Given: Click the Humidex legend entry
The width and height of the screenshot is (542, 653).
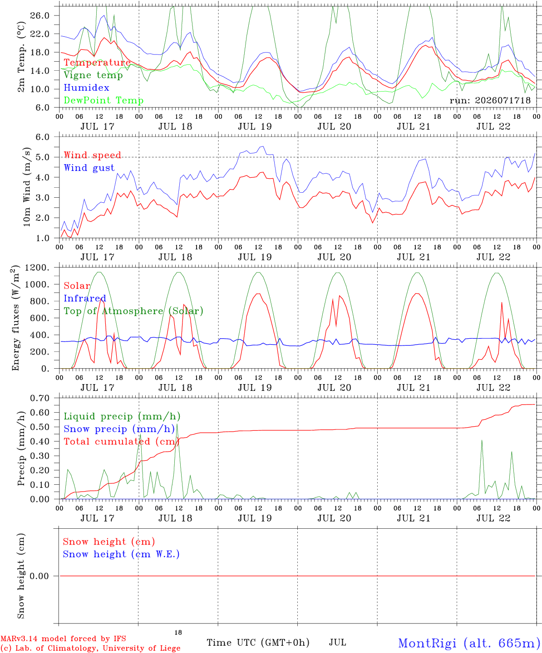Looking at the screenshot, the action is pyautogui.click(x=86, y=88).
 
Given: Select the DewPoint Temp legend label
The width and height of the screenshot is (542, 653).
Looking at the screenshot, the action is pyautogui.click(x=103, y=100).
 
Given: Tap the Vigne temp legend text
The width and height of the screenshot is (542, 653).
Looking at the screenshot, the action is pyautogui.click(x=94, y=75).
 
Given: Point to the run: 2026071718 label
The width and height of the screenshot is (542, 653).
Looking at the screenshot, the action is pyautogui.click(x=490, y=100).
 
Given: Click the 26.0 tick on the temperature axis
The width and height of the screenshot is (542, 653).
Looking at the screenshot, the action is pyautogui.click(x=40, y=15).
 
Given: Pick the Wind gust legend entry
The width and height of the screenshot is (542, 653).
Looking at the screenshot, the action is pyautogui.click(x=89, y=168).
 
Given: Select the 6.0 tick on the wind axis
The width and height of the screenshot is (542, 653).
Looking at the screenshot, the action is pyautogui.click(x=42, y=137).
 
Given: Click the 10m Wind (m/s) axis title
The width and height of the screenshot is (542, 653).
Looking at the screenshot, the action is pyautogui.click(x=27, y=187).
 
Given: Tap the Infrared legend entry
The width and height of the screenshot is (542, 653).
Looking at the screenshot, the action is pyautogui.click(x=85, y=298).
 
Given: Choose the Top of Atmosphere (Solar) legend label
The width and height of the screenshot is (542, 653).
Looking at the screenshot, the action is pyautogui.click(x=134, y=311).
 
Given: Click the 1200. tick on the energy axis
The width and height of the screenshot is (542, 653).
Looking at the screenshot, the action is pyautogui.click(x=37, y=268).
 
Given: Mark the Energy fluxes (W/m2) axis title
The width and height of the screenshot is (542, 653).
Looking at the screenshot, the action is pyautogui.click(x=15, y=318).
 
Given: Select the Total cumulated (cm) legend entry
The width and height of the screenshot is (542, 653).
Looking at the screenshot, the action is pyautogui.click(x=122, y=442).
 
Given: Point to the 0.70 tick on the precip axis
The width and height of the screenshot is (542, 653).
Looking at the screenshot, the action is pyautogui.click(x=40, y=398).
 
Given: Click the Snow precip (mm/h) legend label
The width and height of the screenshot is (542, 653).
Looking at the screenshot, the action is pyautogui.click(x=119, y=429).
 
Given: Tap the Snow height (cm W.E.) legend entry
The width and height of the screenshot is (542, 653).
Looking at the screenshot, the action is pyautogui.click(x=121, y=554).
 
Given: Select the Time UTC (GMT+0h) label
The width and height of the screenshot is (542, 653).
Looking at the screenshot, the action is pyautogui.click(x=258, y=643).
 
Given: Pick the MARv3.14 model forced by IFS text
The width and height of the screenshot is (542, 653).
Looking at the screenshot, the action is pyautogui.click(x=63, y=638).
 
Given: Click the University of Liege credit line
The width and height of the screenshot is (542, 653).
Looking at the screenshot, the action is pyautogui.click(x=90, y=648).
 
